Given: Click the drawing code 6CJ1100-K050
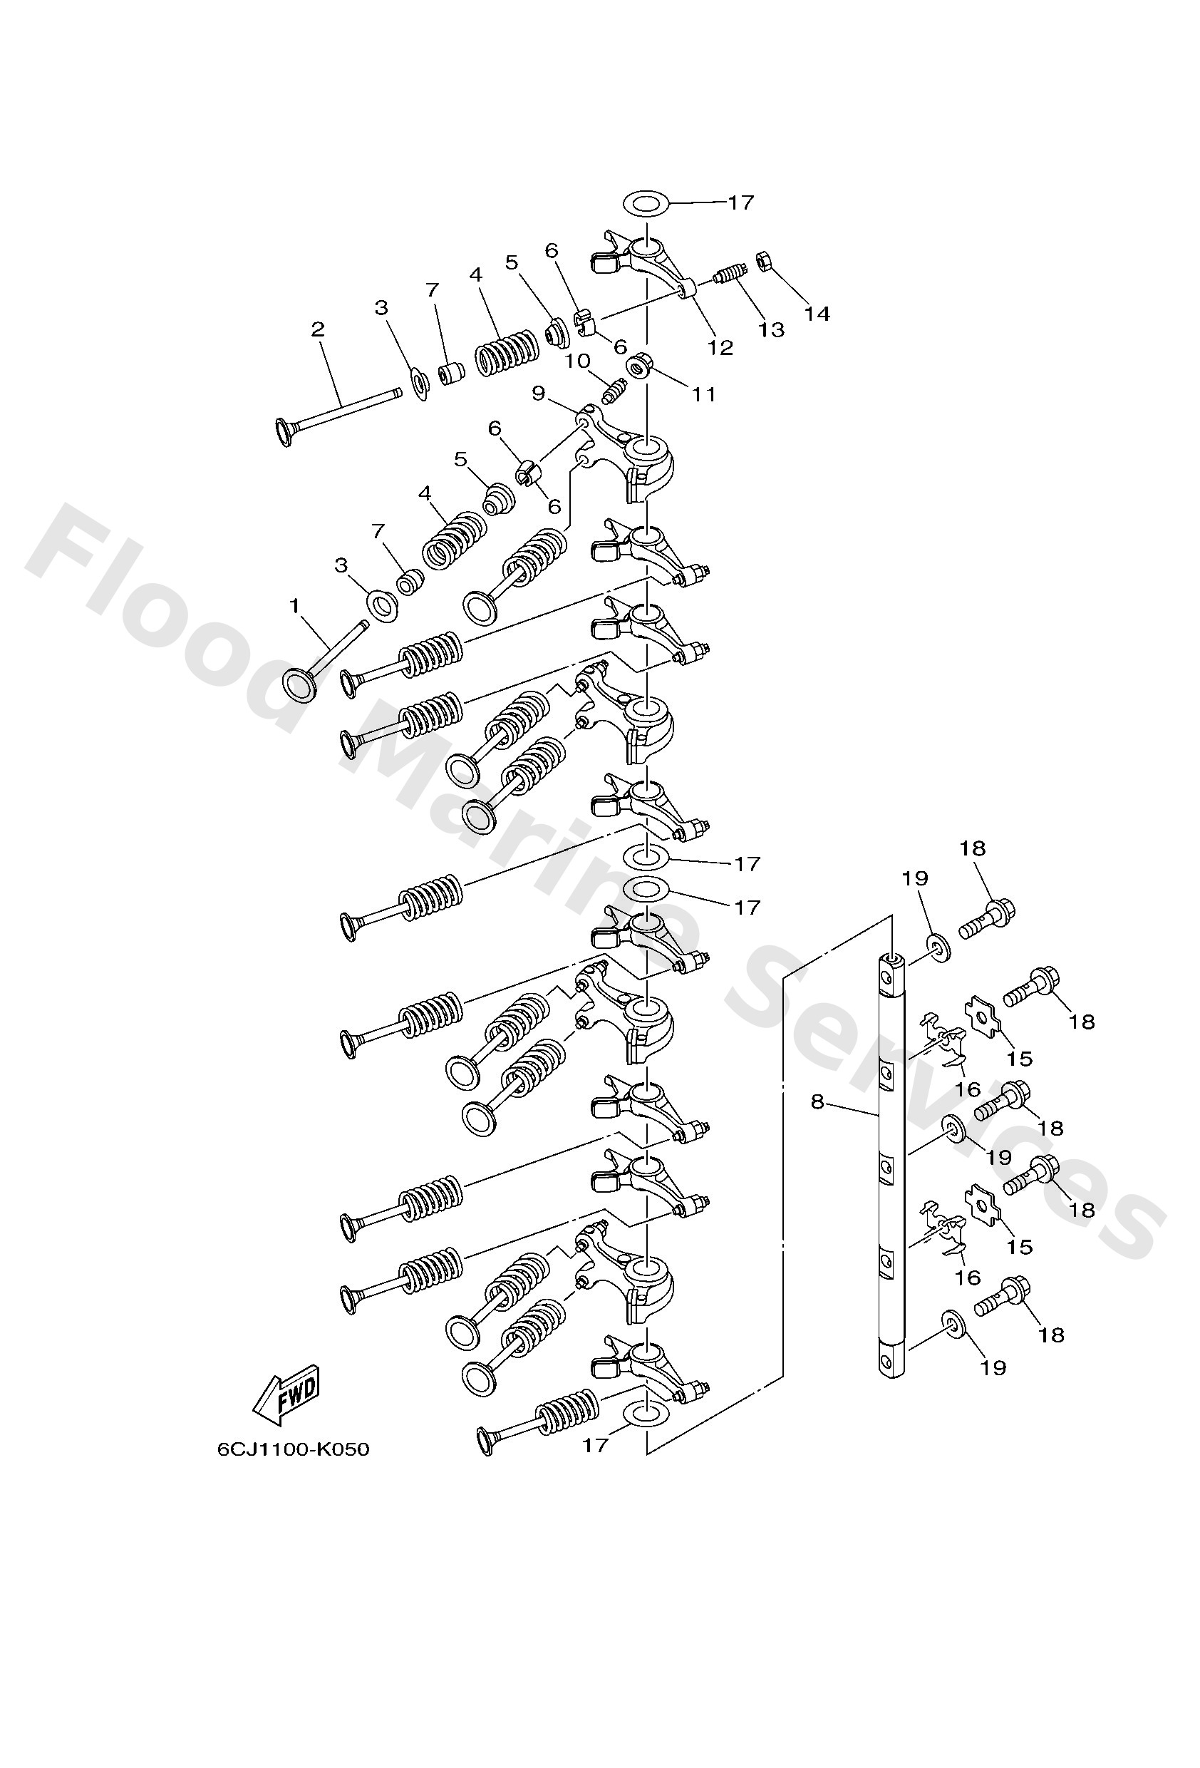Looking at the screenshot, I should coord(294,1449).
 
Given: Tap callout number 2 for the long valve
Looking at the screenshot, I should coord(318,329).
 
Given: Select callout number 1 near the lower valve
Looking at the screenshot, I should coord(294,605).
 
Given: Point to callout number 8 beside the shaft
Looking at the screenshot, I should coord(817,1101).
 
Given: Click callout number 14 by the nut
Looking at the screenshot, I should coord(817,314).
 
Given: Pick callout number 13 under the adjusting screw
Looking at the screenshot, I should coord(770,329).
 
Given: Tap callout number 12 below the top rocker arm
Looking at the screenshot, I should coord(720,347).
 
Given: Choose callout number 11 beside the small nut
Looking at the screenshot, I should coord(703,394).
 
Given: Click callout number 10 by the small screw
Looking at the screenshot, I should coord(578,361).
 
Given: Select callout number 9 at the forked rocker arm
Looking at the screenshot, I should coord(539,394).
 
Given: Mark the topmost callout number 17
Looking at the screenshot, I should coord(740,202).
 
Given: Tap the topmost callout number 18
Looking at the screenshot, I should coord(973,848).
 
